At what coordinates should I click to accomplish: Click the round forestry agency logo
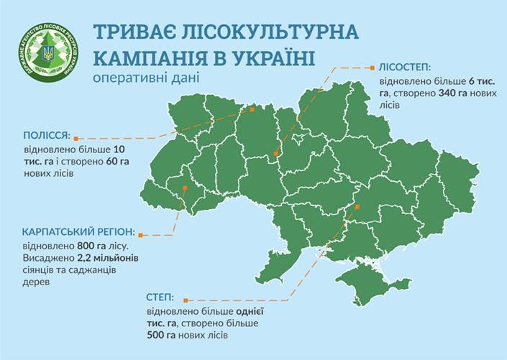49,53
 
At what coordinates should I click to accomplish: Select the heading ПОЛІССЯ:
46,135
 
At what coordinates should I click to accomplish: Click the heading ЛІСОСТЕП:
403,68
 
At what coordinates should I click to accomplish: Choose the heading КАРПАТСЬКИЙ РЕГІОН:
78,233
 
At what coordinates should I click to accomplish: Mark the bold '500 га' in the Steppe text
159,335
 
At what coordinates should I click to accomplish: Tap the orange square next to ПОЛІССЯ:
76,137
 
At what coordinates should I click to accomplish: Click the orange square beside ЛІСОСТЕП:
372,68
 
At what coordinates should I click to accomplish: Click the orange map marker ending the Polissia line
252,110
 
